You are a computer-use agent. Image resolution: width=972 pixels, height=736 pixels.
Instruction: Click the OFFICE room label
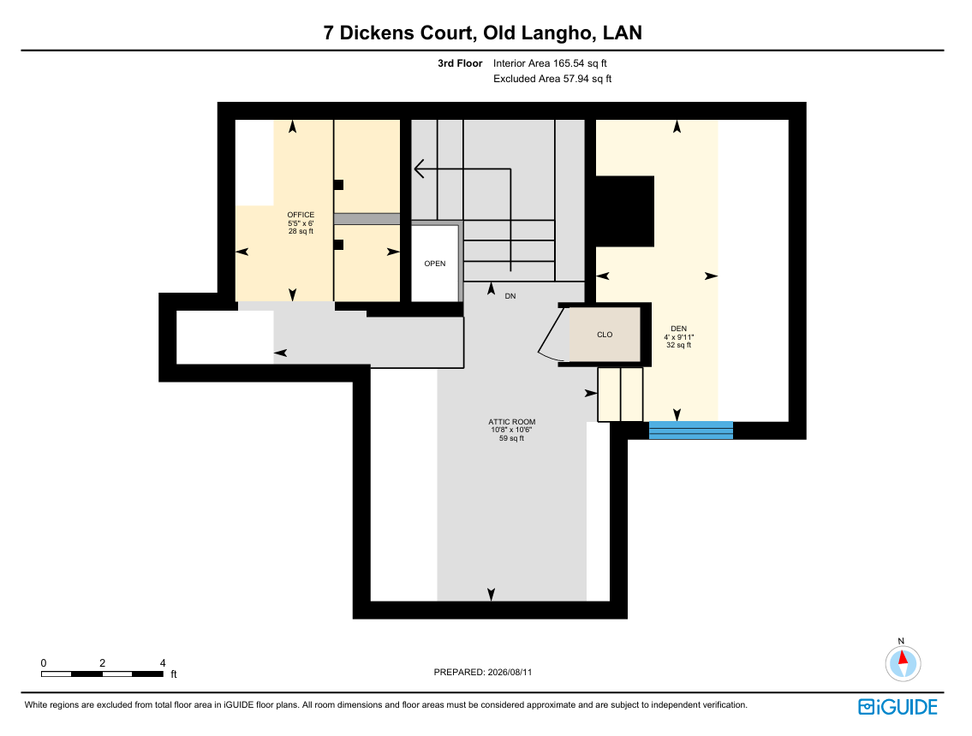click(x=301, y=215)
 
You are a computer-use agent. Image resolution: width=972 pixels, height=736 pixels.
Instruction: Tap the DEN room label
click(x=679, y=329)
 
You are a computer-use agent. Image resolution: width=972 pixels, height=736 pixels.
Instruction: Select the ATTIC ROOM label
click(x=512, y=422)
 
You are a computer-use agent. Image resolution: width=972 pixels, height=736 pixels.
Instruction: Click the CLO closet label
click(x=605, y=335)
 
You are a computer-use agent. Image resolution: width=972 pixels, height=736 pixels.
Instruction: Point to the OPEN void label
click(x=435, y=264)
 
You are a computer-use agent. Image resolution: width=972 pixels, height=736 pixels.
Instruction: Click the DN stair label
click(x=510, y=296)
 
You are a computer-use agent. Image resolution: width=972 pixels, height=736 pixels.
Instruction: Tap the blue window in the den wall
click(x=691, y=430)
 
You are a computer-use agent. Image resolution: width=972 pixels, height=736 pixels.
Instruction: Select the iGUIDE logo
click(x=897, y=707)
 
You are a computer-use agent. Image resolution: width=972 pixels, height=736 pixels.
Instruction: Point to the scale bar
click(x=102, y=674)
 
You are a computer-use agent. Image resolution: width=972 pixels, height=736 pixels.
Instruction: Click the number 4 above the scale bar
click(x=163, y=663)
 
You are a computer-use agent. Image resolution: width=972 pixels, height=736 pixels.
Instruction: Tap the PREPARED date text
click(x=483, y=672)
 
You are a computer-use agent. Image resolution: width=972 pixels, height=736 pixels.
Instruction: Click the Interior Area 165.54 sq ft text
click(x=550, y=63)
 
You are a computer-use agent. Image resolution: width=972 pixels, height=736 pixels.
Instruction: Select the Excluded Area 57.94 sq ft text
click(x=552, y=79)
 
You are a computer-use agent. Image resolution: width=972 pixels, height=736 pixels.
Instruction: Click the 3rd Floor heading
click(x=460, y=63)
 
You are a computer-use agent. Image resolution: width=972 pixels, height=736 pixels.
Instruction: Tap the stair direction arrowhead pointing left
click(x=419, y=169)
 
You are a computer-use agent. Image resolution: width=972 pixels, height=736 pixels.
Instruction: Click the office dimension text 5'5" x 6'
click(x=301, y=223)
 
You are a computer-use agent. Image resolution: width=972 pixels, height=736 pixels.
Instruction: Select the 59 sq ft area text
click(x=512, y=438)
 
